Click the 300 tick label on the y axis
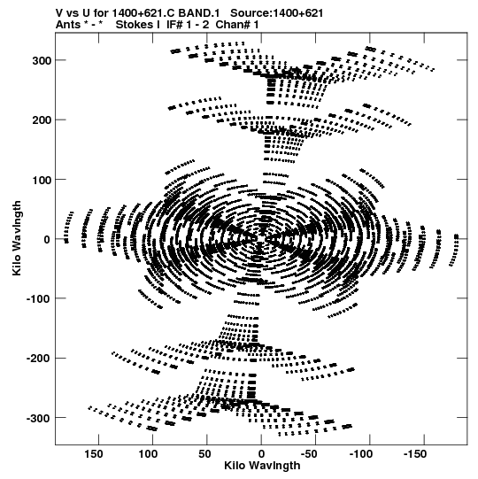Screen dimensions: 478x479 (42, 60)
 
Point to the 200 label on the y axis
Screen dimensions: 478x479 (42, 120)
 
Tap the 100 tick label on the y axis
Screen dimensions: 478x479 (42, 180)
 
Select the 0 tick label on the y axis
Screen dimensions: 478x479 (47, 239)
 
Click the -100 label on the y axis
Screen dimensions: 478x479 (38, 298)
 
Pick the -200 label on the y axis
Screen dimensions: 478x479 (38, 359)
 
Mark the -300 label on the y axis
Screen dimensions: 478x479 (38, 418)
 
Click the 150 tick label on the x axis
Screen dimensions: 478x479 (94, 454)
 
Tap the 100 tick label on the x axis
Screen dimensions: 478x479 (148, 454)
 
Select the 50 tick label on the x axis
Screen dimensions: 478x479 (204, 454)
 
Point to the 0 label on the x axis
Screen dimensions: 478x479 (261, 454)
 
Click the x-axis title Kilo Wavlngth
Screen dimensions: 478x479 (262, 466)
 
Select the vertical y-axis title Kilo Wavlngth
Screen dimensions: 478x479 (17, 238)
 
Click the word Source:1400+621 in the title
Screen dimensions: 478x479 (276, 13)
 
